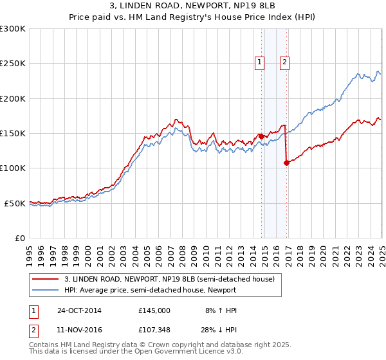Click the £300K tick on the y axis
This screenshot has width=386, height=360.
click(x=13, y=29)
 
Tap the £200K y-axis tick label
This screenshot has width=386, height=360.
click(x=13, y=98)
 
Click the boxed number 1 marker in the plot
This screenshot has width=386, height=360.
click(x=259, y=62)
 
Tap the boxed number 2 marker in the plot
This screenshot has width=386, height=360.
click(x=284, y=62)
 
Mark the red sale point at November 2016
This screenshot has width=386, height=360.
click(x=286, y=163)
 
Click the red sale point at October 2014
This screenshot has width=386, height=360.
click(x=262, y=136)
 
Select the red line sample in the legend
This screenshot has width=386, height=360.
click(x=44, y=279)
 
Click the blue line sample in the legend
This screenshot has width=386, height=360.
click(x=44, y=290)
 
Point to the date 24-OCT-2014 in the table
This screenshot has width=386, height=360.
click(x=79, y=310)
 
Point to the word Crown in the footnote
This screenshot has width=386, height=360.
click(x=161, y=345)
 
